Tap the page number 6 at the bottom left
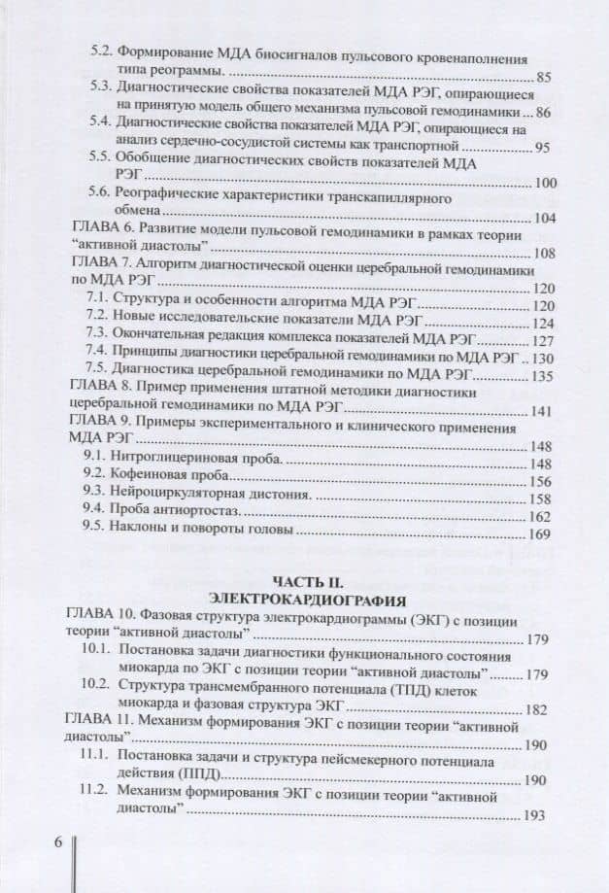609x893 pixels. [57, 841]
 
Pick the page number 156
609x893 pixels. [539, 482]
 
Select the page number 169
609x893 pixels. [539, 534]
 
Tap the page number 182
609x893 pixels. [539, 709]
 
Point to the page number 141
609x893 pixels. [539, 410]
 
